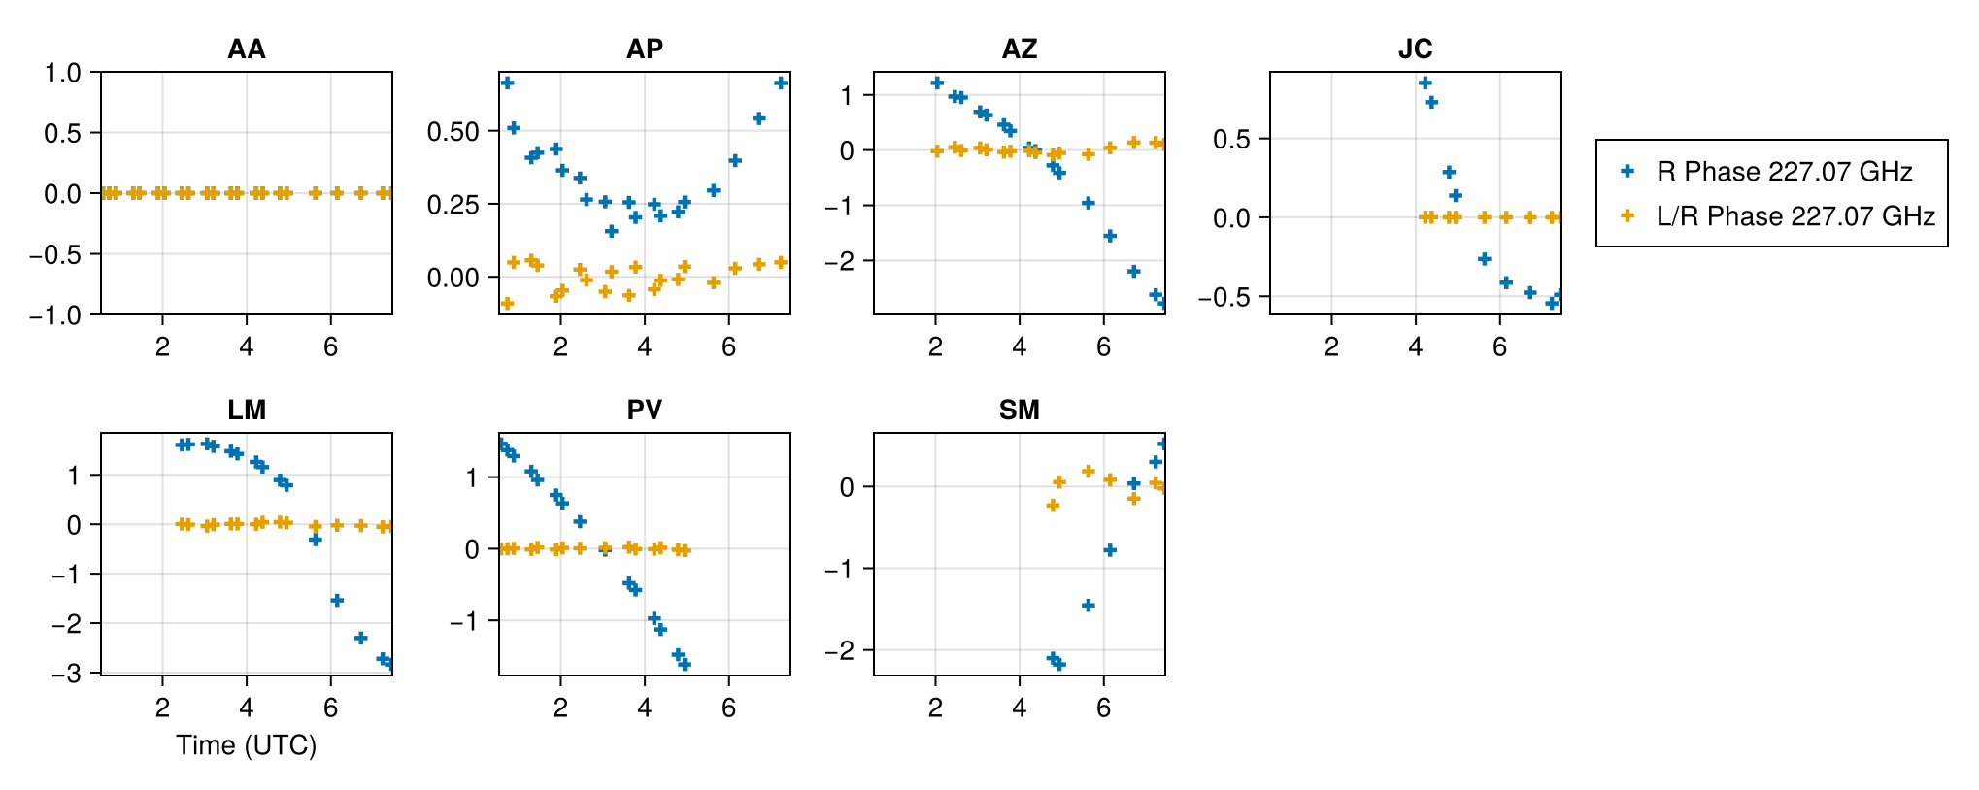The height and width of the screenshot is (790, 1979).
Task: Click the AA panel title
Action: (246, 49)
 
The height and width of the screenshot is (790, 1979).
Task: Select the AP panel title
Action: (644, 49)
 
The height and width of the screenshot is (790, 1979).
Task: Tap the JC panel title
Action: (1415, 49)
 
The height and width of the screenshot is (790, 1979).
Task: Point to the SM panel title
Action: (1019, 411)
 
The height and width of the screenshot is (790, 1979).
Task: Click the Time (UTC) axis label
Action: (246, 745)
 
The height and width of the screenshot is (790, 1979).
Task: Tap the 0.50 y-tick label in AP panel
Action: (453, 132)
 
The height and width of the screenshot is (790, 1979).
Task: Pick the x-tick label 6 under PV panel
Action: (728, 708)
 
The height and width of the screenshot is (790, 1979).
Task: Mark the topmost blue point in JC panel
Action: (1425, 82)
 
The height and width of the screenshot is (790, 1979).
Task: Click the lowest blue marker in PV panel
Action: (685, 665)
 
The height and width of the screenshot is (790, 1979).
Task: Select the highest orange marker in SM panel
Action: (1088, 471)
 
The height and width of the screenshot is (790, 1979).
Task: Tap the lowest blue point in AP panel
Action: (611, 231)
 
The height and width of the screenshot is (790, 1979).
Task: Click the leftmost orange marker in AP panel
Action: (507, 304)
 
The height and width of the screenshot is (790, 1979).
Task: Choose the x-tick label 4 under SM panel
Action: (1019, 708)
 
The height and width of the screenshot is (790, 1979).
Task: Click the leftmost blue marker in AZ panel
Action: (936, 82)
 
